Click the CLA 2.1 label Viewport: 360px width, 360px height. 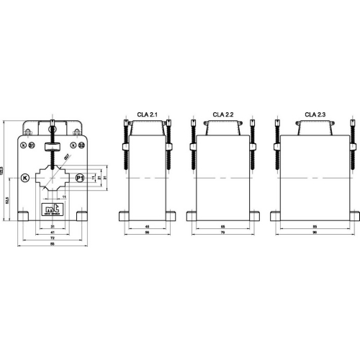click(147, 114)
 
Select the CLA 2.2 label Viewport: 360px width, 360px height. click(223, 114)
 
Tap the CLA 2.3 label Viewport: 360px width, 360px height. click(314, 114)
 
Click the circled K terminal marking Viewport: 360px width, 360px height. click(25, 178)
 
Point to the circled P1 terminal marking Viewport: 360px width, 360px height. click(79, 178)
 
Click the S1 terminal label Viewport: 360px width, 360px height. click(31, 145)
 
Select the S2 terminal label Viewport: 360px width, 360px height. click(81, 145)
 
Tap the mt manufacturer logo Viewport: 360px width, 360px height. click(52, 210)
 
